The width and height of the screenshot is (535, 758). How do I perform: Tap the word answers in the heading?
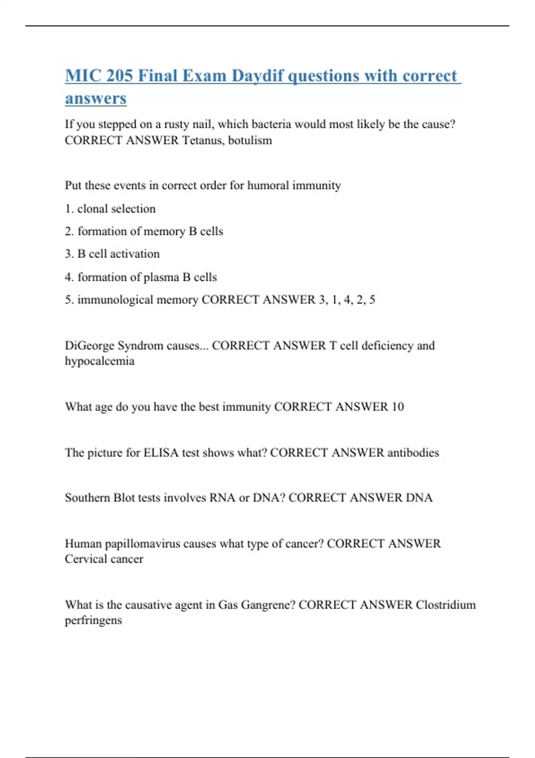pos(95,98)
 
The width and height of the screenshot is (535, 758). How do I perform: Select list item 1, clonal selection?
pos(110,209)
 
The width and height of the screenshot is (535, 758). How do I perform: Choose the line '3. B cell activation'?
pos(112,254)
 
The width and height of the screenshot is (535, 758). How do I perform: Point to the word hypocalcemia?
pos(99,361)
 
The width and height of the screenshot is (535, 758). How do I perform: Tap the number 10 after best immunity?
pos(397,407)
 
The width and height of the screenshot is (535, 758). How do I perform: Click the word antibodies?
pos(413,453)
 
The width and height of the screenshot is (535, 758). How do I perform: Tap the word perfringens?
pos(93,620)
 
